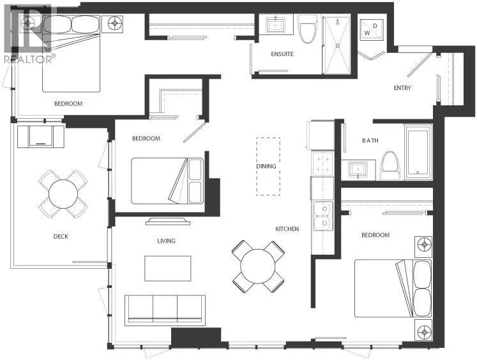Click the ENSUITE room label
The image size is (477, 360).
282,54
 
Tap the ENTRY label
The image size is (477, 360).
402,88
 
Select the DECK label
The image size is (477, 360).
61,236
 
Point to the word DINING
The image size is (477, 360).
266,167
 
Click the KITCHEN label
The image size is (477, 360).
287,229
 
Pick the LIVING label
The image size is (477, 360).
166,241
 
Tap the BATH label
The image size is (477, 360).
370,140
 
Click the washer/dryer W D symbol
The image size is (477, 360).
371,29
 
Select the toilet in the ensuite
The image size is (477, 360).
308,29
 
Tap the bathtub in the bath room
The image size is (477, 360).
418,153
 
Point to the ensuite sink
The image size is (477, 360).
276,26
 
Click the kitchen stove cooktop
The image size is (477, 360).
322,164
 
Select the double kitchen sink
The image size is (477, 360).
322,216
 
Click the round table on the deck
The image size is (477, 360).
63,194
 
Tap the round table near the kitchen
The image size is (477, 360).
258,267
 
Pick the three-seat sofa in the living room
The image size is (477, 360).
165,310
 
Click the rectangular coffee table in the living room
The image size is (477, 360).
168,269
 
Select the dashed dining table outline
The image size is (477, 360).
268,167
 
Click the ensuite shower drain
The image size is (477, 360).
337,45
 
